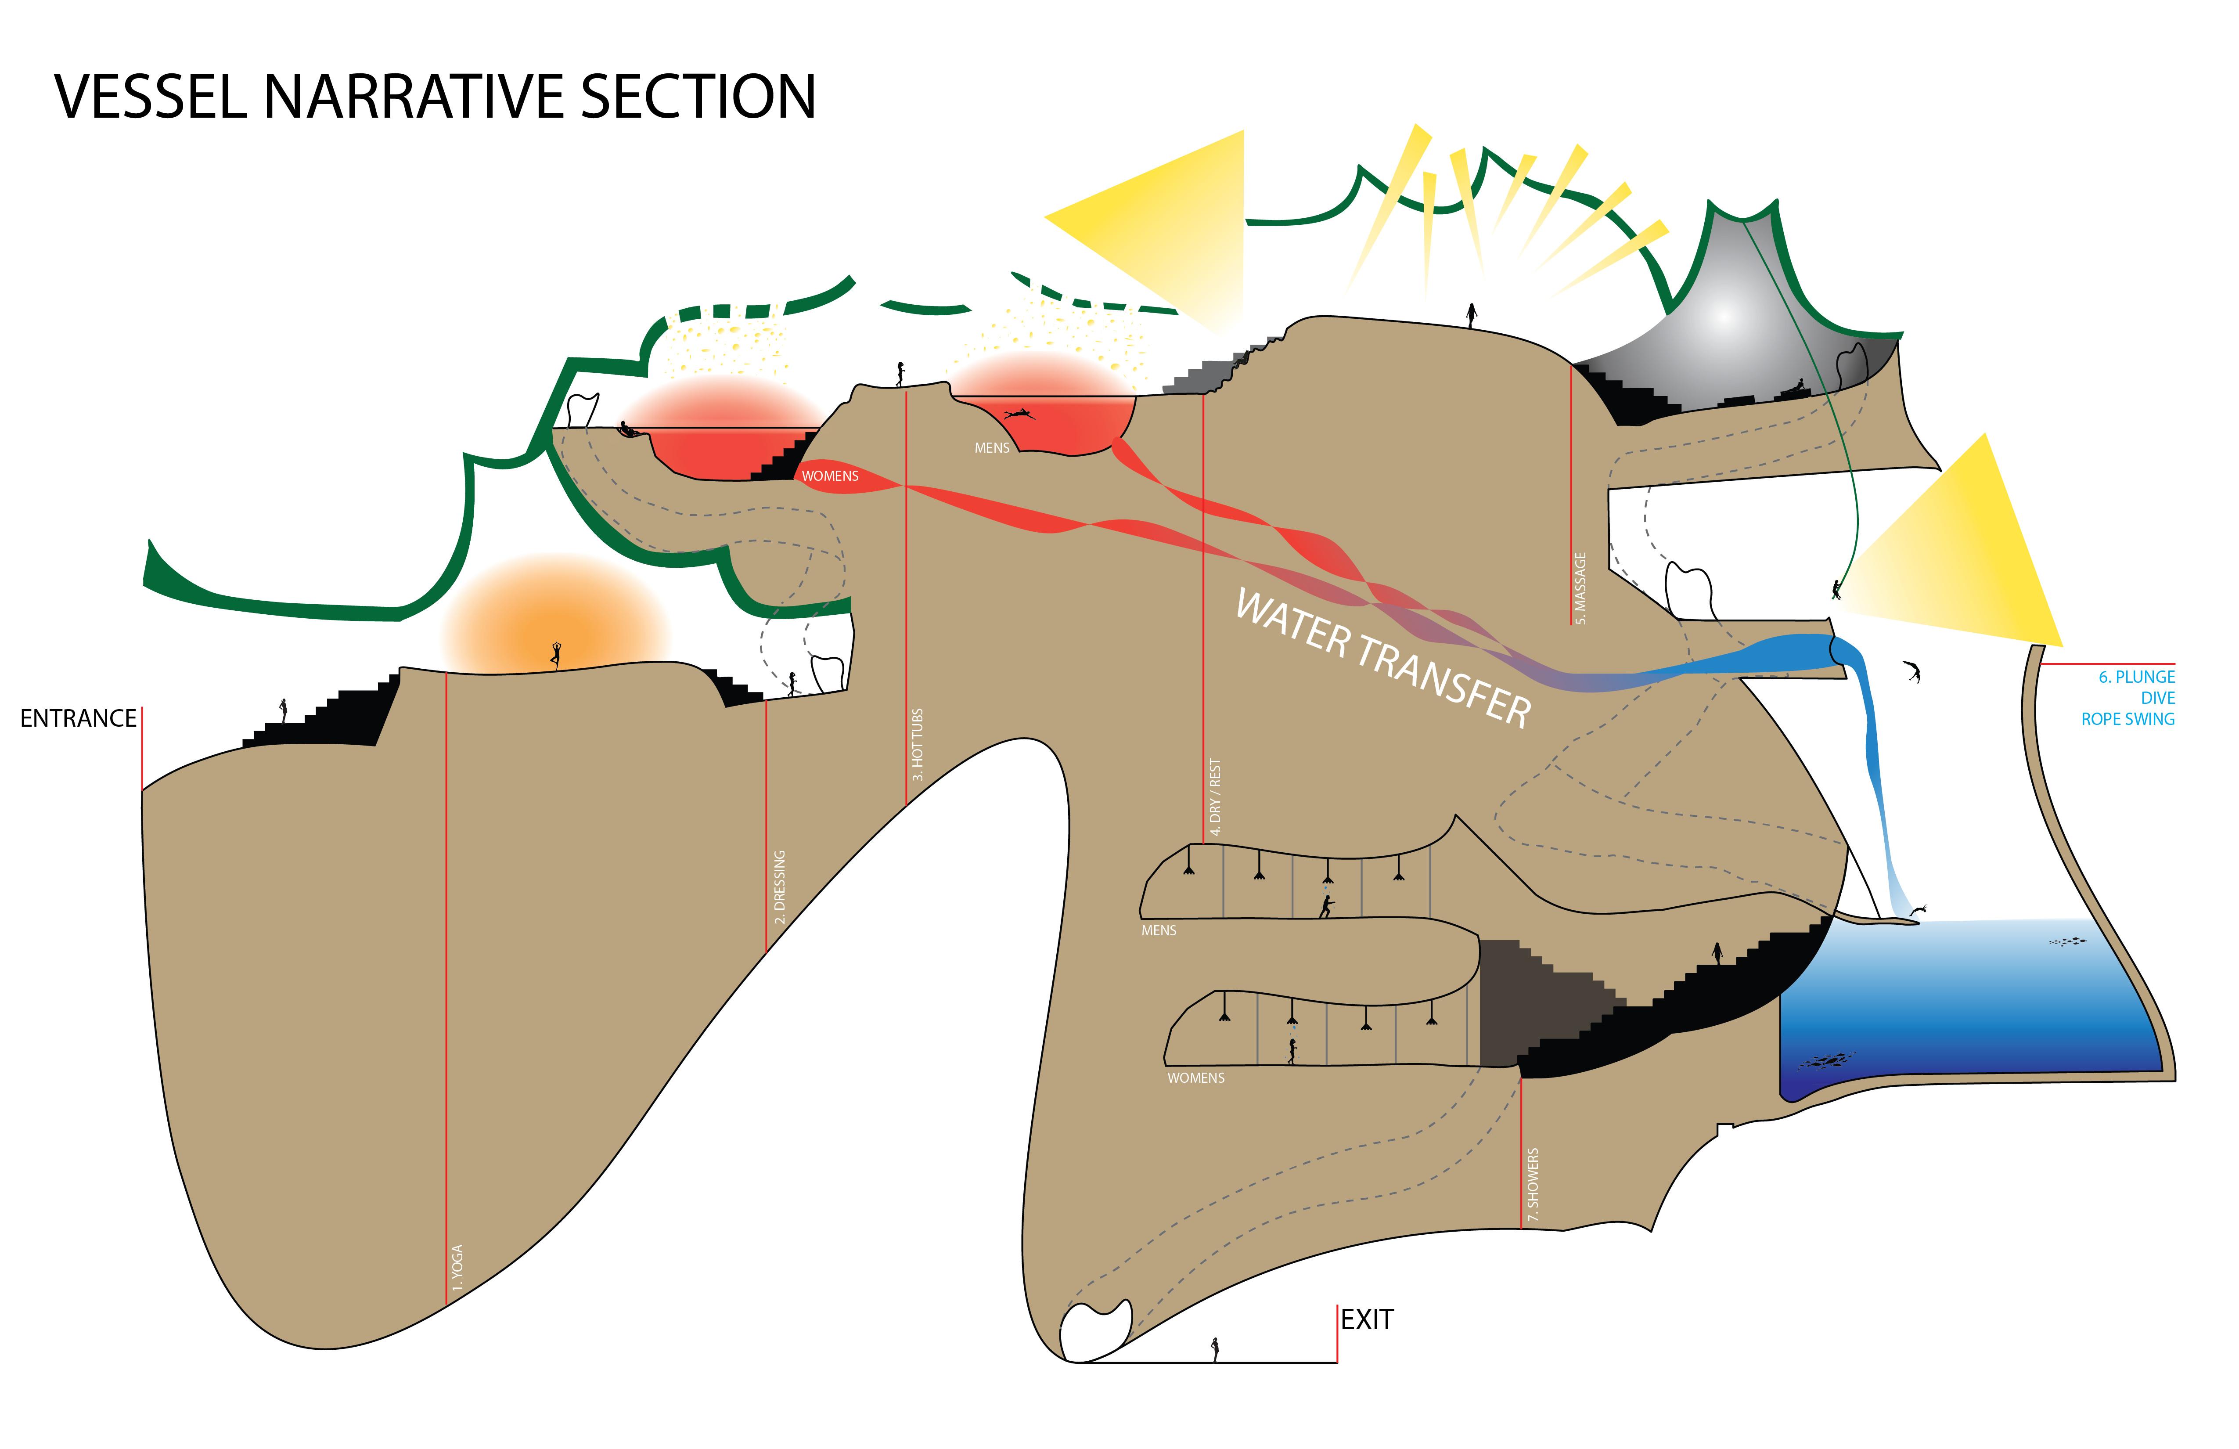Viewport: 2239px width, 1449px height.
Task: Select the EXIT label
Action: (1367, 1320)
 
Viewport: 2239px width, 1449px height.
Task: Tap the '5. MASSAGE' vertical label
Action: (1580, 588)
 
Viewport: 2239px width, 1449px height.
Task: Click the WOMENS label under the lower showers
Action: (1196, 1078)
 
